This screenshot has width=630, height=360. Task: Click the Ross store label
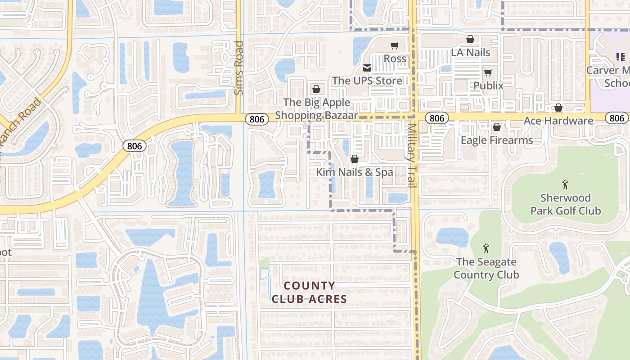(395, 59)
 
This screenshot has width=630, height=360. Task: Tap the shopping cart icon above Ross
(395, 45)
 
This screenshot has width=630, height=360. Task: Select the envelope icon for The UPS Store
(367, 68)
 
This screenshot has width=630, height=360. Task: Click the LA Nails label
(470, 53)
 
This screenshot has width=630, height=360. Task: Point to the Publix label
(488, 85)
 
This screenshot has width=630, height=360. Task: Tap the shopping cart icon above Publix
(488, 72)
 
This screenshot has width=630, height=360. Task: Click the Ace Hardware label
(558, 121)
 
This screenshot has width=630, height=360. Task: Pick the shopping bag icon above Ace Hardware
(558, 108)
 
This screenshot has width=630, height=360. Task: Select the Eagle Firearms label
(497, 140)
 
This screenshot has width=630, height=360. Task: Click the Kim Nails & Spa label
(354, 172)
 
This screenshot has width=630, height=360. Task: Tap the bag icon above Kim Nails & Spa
(355, 159)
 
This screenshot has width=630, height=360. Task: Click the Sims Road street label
(239, 68)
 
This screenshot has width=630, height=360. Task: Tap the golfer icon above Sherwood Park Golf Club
(565, 184)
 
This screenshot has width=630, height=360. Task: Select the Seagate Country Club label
(486, 268)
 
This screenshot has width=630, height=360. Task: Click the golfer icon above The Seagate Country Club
(486, 248)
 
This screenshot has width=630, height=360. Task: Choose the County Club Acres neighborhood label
(310, 292)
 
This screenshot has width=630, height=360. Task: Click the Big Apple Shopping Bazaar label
(316, 109)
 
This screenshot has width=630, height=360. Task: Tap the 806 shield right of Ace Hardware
(617, 118)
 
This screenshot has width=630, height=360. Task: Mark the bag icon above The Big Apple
(316, 89)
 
